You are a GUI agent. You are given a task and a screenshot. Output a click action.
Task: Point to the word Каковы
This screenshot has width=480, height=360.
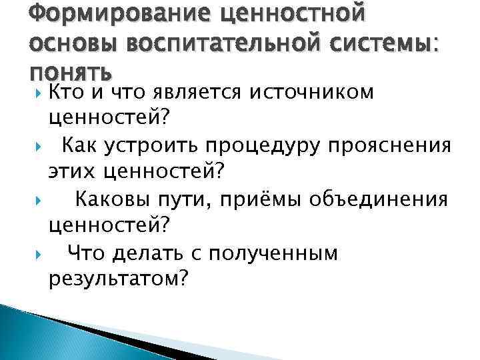107,199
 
